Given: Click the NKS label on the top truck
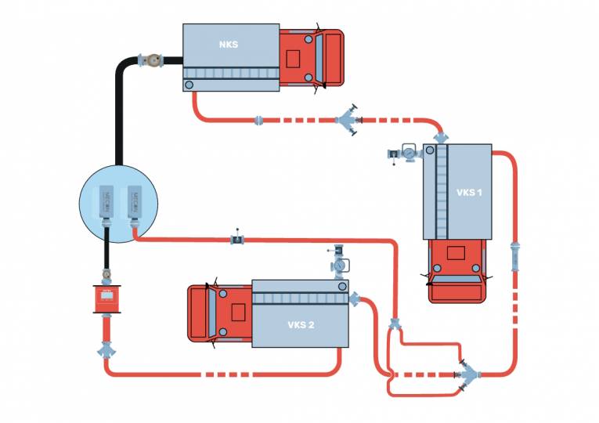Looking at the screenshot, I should pos(229,45).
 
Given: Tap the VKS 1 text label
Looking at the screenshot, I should pos(469,192).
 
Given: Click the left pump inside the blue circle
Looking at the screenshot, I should pos(108,203).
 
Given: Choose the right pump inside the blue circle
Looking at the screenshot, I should pos(132,203).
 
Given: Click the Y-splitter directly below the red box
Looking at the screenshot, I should pos(106,349).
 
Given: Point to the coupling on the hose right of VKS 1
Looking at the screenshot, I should pos(514,255).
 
